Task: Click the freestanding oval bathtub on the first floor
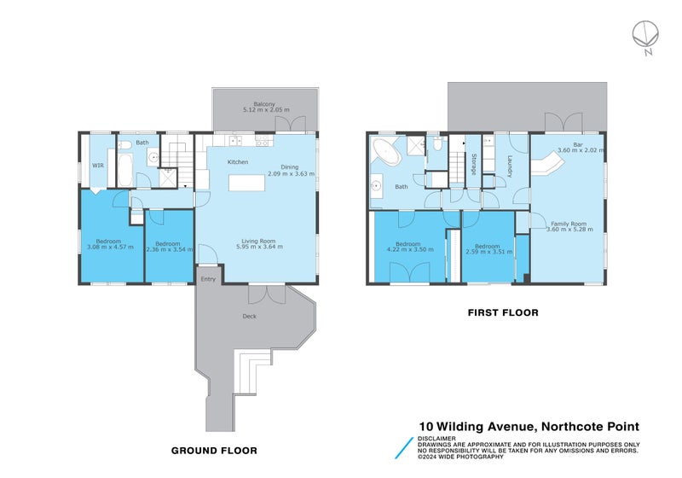point(387,154)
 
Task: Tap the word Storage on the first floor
point(473,164)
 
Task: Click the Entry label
point(208,279)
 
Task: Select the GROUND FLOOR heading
point(214,450)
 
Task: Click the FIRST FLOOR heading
point(502,313)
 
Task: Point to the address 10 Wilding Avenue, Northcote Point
point(529,427)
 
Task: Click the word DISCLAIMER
point(436,439)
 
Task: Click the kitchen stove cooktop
point(262,143)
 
